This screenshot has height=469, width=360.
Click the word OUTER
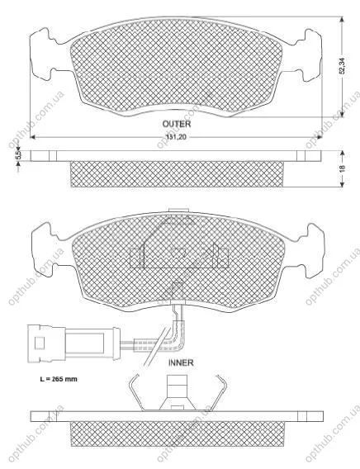[x=177, y=124]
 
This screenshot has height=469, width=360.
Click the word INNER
[x=181, y=362]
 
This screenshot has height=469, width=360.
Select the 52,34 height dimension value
[x=343, y=66]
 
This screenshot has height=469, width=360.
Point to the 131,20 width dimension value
[x=176, y=137]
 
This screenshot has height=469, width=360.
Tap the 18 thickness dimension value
[x=343, y=168]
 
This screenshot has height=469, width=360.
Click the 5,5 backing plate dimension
[x=18, y=155]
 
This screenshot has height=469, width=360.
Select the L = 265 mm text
[x=59, y=379]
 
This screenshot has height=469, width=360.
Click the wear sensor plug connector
[x=73, y=343]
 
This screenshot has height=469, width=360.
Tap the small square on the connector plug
[x=40, y=343]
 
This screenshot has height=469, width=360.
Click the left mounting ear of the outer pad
[x=42, y=54]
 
